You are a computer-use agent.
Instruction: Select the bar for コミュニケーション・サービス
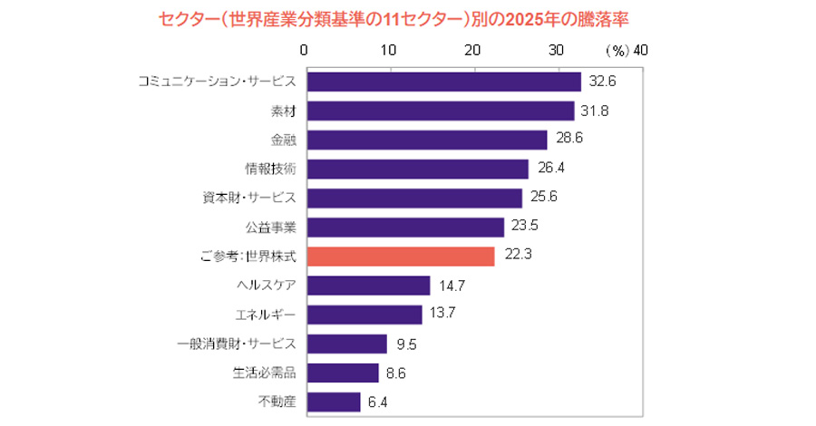pyautogui.click(x=443, y=82)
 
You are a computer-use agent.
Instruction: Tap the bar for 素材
pyautogui.click(x=441, y=111)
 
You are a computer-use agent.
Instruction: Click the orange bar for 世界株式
pyautogui.click(x=401, y=256)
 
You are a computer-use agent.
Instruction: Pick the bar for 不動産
pyautogui.click(x=334, y=402)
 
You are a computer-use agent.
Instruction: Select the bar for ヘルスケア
pyautogui.click(x=368, y=286)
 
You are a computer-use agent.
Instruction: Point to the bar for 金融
pyautogui.click(x=427, y=140)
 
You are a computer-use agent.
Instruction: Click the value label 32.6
pyautogui.click(x=602, y=82)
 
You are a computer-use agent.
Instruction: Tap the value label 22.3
pyautogui.click(x=516, y=256)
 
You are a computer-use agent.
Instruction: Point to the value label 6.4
pyautogui.click(x=378, y=402)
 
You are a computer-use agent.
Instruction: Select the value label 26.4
pyautogui.click(x=549, y=169)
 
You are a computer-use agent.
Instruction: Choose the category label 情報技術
pyautogui.click(x=270, y=169)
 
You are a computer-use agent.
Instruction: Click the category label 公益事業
pyautogui.click(x=270, y=227)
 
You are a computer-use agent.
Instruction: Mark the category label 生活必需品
pyautogui.click(x=264, y=373)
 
